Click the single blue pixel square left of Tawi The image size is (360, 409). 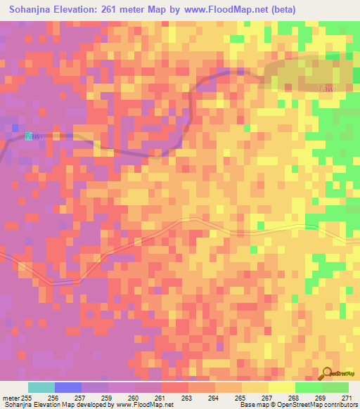pos(15,127)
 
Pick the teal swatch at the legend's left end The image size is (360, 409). pos(41,387)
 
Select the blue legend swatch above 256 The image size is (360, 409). pos(67,387)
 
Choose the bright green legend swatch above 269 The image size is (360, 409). pos(309,387)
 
